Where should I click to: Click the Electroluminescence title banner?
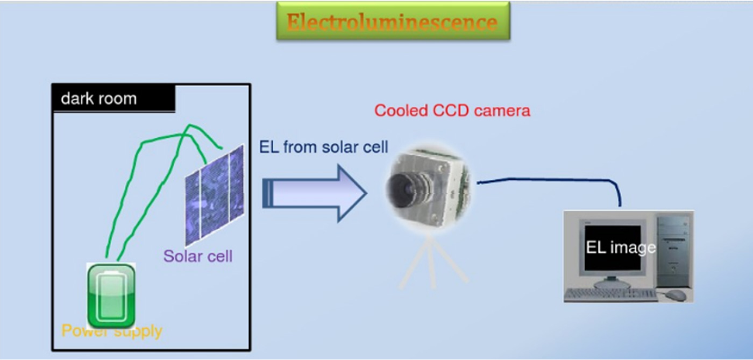[x=393, y=22]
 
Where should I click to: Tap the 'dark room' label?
[x=99, y=99]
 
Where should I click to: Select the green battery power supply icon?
[x=111, y=295]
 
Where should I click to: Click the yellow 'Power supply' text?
[x=112, y=330]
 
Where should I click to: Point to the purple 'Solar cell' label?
[x=198, y=256]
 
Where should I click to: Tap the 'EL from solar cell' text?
[x=323, y=147]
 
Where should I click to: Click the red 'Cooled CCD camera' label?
[x=452, y=111]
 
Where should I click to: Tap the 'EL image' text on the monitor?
[x=620, y=248]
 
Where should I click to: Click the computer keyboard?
[x=611, y=294]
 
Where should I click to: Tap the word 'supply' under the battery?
[x=137, y=331]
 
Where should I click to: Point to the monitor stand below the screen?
[x=612, y=281]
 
